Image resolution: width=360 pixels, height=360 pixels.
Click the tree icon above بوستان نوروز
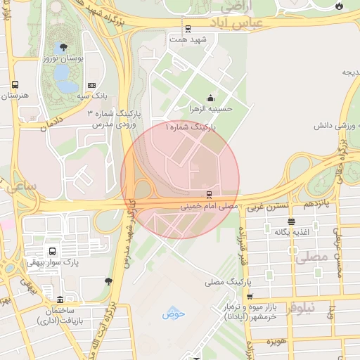[64, 48]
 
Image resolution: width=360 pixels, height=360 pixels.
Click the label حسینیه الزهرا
[211, 109]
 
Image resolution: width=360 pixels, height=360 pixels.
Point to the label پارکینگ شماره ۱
[191, 127]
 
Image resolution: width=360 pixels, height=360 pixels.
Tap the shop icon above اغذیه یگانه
[291, 221]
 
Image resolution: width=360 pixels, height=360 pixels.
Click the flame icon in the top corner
[340, 6]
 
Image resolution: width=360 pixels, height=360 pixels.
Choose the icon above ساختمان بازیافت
[60, 300]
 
